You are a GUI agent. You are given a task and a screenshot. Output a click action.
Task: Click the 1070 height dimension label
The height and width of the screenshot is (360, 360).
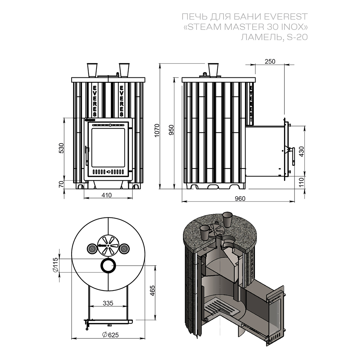[x=156, y=130]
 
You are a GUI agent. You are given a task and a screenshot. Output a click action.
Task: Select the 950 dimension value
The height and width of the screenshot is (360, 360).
[x=171, y=130]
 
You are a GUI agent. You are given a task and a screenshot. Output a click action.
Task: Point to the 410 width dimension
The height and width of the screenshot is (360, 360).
[x=107, y=195]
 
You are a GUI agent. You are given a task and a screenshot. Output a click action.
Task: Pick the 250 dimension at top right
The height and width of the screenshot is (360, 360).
[x=270, y=61]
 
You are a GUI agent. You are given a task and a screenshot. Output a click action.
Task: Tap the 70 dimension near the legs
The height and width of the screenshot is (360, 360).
[x=61, y=184]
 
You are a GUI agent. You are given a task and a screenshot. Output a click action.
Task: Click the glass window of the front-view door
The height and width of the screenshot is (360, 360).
[x=108, y=145]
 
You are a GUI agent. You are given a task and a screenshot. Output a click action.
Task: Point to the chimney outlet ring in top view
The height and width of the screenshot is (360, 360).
[x=108, y=266]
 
